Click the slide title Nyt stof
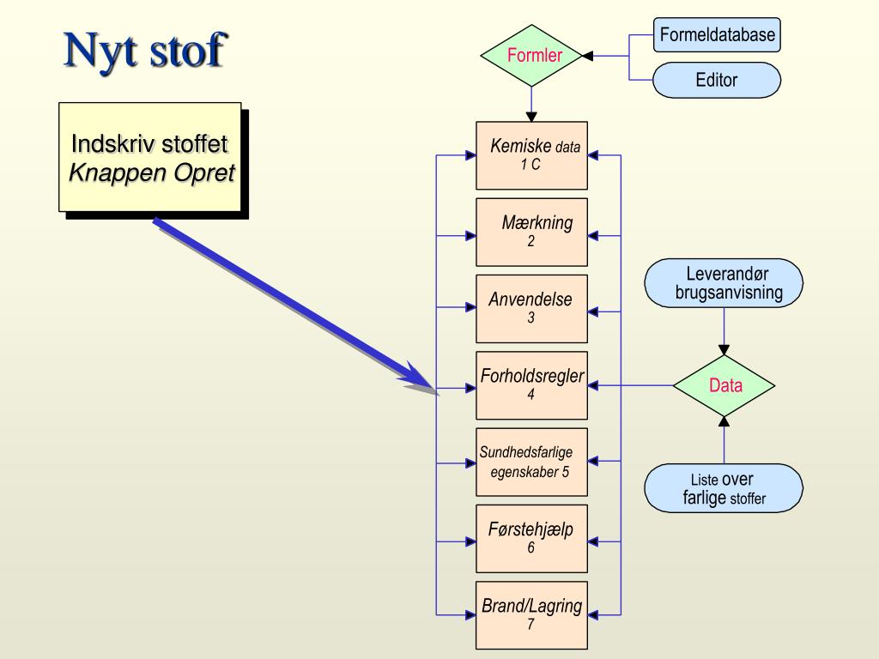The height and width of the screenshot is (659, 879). pyautogui.click(x=144, y=51)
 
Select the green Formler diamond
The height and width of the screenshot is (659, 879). pyautogui.click(x=533, y=56)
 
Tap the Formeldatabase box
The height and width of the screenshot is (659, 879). pyautogui.click(x=717, y=35)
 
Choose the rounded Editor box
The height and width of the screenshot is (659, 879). pyautogui.click(x=717, y=81)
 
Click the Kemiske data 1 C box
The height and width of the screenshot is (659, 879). pyautogui.click(x=532, y=155)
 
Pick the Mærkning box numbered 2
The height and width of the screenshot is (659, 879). pyautogui.click(x=532, y=233)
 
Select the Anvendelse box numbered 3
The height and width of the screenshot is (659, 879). pyautogui.click(x=532, y=309)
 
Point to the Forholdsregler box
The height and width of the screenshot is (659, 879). pyautogui.click(x=532, y=385)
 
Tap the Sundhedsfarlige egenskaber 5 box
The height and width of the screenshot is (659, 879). pyautogui.click(x=532, y=462)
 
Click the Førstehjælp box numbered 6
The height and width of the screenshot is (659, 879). pyautogui.click(x=532, y=538)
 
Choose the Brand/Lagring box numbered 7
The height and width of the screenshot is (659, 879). pyautogui.click(x=532, y=615)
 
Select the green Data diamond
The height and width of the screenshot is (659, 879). pyautogui.click(x=724, y=385)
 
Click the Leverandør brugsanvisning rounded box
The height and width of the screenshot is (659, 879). pyautogui.click(x=724, y=284)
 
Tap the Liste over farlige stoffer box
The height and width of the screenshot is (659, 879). pyautogui.click(x=724, y=489)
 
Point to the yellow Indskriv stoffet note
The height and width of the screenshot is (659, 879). pyautogui.click(x=150, y=157)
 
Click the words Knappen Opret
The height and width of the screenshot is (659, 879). pyautogui.click(x=151, y=173)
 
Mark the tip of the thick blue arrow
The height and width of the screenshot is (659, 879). pyautogui.click(x=436, y=392)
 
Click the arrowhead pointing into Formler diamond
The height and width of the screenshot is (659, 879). pyautogui.click(x=588, y=56)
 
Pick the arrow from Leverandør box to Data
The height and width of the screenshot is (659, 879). pyautogui.click(x=724, y=331)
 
